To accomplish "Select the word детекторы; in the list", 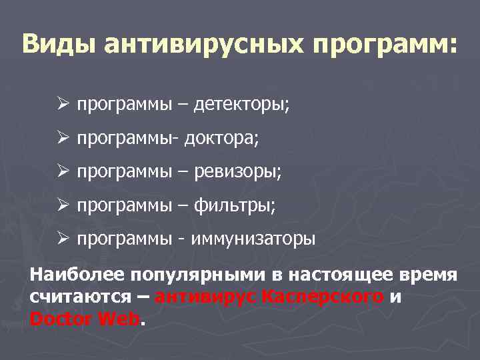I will [241, 105].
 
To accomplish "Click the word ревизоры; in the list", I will [237, 172].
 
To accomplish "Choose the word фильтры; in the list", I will [234, 205].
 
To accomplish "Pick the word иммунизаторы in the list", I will [254, 239].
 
